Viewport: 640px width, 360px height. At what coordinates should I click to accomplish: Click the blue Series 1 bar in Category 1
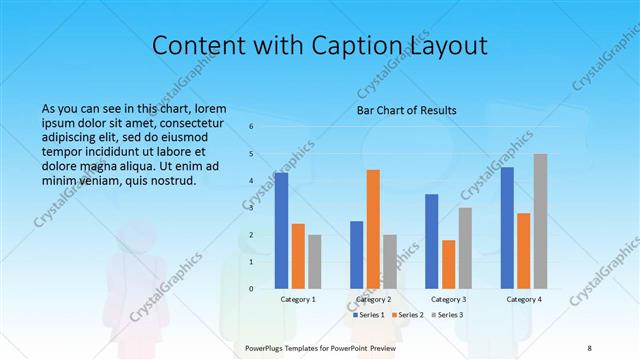[x=282, y=230]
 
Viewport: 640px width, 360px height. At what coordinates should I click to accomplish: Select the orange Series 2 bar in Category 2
[x=373, y=229]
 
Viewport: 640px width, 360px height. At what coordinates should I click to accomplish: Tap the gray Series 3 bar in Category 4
[x=540, y=221]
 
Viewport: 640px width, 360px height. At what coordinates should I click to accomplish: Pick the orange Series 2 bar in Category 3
[x=448, y=264]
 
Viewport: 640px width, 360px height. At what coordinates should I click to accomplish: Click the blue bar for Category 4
[x=507, y=227]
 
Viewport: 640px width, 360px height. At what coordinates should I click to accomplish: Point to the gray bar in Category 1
[x=315, y=261]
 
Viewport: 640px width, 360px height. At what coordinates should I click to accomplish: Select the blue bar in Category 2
[x=356, y=254]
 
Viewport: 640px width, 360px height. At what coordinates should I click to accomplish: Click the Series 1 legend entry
[x=370, y=315]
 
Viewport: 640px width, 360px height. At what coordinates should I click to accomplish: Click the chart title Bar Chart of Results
[x=407, y=110]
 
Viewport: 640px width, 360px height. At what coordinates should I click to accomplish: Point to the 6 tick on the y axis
[x=251, y=126]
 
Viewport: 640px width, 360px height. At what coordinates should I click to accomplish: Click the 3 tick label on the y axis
[x=251, y=207]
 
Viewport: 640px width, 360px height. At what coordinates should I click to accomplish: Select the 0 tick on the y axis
[x=251, y=288]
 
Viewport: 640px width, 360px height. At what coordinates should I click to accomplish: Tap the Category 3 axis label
[x=448, y=299]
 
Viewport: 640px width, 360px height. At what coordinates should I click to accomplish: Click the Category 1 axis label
[x=298, y=299]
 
